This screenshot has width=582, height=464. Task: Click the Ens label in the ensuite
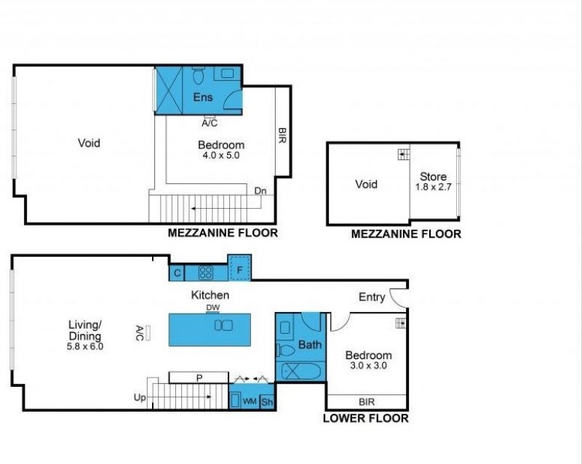[203, 97]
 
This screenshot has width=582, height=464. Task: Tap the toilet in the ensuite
[198, 76]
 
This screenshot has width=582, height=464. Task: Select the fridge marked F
[239, 268]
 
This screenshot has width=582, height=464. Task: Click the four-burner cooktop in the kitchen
[206, 273]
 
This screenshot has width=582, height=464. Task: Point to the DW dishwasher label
[212, 308]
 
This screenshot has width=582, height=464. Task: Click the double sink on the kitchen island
[223, 326]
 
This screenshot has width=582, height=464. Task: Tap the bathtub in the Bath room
[301, 371]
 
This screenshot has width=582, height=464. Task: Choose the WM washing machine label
[250, 401]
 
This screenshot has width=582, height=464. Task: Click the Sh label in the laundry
[267, 401]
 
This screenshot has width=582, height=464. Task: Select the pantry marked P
[199, 377]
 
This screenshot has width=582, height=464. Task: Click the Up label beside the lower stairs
[140, 398]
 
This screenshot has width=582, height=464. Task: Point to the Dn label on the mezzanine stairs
[260, 191]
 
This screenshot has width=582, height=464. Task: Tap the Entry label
[372, 297]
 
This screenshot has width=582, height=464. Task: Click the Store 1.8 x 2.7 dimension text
[433, 187]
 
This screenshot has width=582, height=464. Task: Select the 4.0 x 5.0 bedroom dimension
[221, 155]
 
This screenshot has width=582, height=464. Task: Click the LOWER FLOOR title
[366, 418]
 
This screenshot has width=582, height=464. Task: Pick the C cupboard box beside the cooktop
[177, 273]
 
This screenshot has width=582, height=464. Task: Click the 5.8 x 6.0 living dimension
[85, 346]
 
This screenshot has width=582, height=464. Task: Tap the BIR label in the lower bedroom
[367, 401]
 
